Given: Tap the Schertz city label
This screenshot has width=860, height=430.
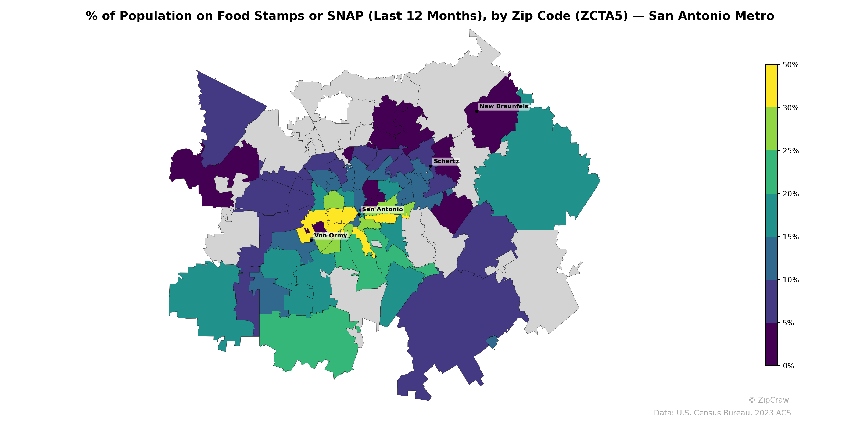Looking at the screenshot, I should pyautogui.click(x=446, y=161).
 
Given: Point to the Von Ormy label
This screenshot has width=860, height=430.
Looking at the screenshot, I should pyautogui.click(x=331, y=235).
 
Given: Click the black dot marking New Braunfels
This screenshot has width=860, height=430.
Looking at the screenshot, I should pyautogui.click(x=476, y=111).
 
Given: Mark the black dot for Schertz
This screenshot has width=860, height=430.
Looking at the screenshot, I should pyautogui.click(x=431, y=166).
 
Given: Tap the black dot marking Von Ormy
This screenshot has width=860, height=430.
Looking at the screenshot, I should pyautogui.click(x=311, y=240).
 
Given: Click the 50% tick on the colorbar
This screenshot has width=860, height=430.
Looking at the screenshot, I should pyautogui.click(x=790, y=65).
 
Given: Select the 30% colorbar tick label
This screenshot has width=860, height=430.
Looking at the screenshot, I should pyautogui.click(x=790, y=108).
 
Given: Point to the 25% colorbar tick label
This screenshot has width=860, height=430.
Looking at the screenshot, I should pyautogui.click(x=790, y=151).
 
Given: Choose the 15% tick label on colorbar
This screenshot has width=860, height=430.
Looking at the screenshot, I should pyautogui.click(x=790, y=237).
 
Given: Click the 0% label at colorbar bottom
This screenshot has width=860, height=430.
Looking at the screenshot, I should pyautogui.click(x=788, y=366).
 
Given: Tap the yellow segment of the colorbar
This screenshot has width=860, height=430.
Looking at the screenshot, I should pyautogui.click(x=771, y=86).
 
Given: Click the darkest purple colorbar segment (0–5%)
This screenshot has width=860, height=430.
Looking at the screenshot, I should pyautogui.click(x=771, y=344).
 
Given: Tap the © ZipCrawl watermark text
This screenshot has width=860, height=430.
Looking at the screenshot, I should pyautogui.click(x=769, y=400).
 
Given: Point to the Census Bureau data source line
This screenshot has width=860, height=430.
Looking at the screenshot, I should pyautogui.click(x=722, y=413).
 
